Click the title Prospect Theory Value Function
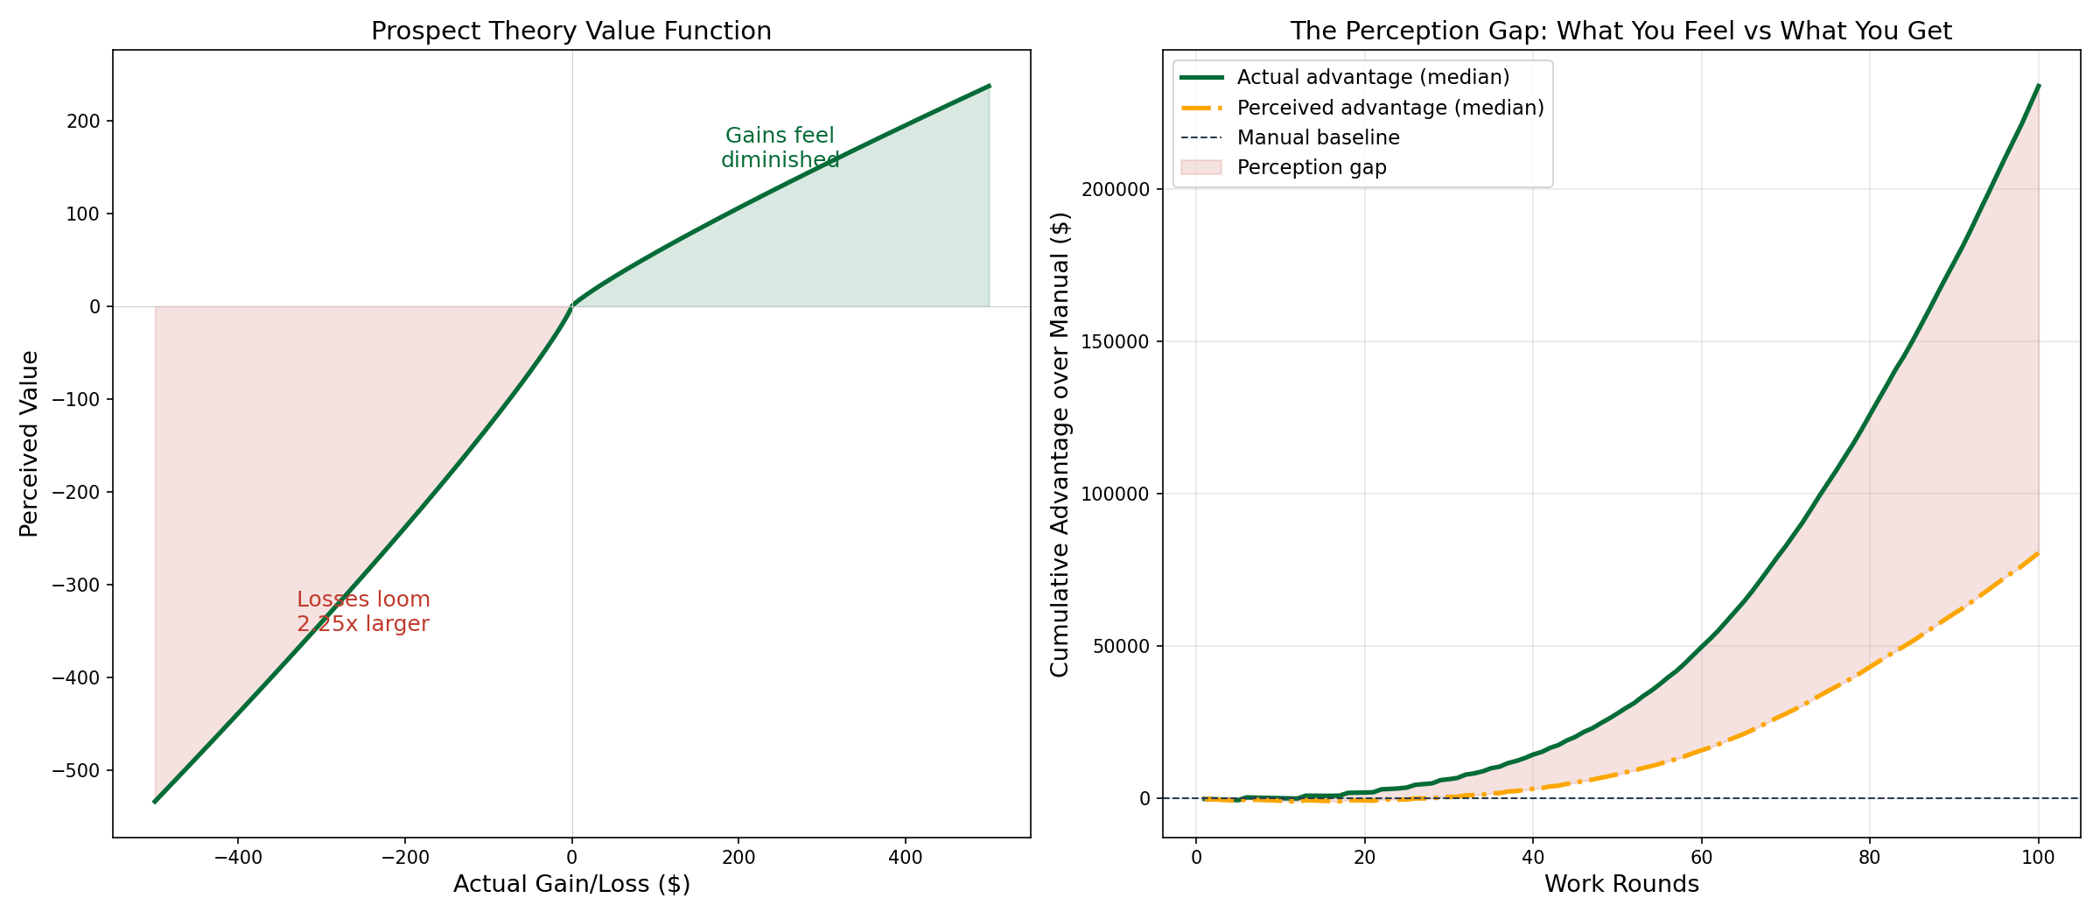coord(571,32)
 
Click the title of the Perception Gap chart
coord(1620,32)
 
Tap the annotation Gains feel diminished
coord(780,148)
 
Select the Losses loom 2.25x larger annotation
coord(363,612)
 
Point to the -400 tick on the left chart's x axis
coord(238,858)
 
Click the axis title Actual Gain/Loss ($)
coord(571,885)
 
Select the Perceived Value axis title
coord(30,444)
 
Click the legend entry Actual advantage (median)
coord(1373,77)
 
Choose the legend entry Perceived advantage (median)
coord(1390,108)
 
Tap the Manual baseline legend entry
coord(1318,137)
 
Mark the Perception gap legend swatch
coord(1200,167)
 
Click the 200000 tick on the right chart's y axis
coord(1112,189)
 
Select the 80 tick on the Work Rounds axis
coord(1870,858)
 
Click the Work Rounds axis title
coord(1620,885)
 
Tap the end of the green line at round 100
coord(2039,86)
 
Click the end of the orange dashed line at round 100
coord(2039,553)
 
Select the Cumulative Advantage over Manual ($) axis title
coord(1060,444)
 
